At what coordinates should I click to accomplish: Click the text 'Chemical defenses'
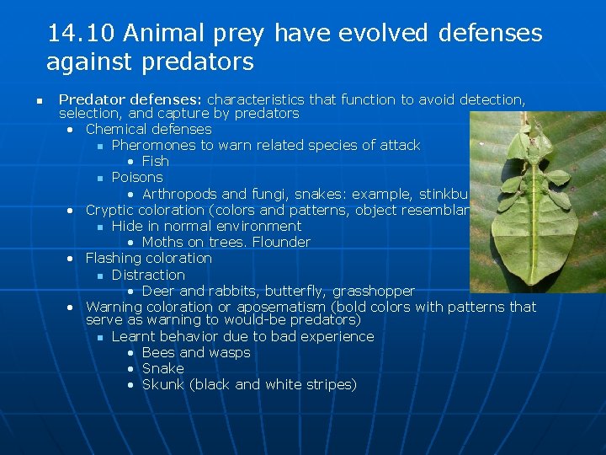pos(148,129)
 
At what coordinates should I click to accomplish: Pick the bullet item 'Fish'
pos(155,161)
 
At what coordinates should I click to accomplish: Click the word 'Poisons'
pos(137,177)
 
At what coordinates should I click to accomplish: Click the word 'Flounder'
pos(283,242)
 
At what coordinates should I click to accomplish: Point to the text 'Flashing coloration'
pos(148,258)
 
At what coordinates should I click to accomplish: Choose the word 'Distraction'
pos(148,275)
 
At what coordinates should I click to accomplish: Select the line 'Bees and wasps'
pos(196,352)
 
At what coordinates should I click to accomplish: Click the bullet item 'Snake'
pos(162,368)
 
